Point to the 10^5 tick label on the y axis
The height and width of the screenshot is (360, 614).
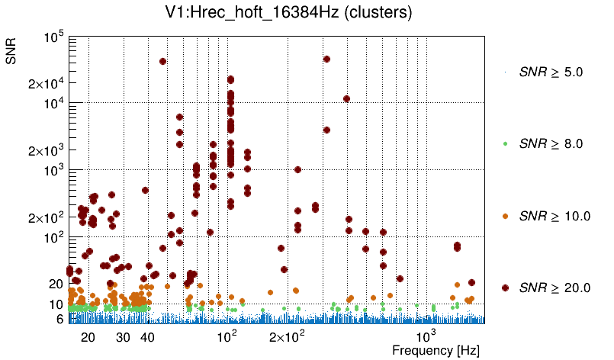click(54, 37)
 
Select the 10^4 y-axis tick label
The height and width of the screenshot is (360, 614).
click(54, 103)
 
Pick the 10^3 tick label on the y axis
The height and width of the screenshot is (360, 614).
click(54, 170)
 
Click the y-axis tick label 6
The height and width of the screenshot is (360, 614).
click(59, 319)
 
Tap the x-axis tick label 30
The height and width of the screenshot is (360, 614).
click(123, 337)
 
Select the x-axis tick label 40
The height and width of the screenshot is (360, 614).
click(148, 337)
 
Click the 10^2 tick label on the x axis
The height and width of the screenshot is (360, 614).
click(228, 336)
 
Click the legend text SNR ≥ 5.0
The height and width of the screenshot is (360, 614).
click(551, 72)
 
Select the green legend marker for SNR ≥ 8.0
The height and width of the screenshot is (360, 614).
click(505, 143)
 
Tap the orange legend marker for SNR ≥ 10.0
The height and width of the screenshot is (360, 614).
click(505, 216)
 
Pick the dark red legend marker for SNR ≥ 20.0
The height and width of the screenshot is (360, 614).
click(505, 288)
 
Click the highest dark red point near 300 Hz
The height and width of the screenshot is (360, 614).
click(326, 59)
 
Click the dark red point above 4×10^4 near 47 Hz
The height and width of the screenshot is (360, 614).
click(162, 62)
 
